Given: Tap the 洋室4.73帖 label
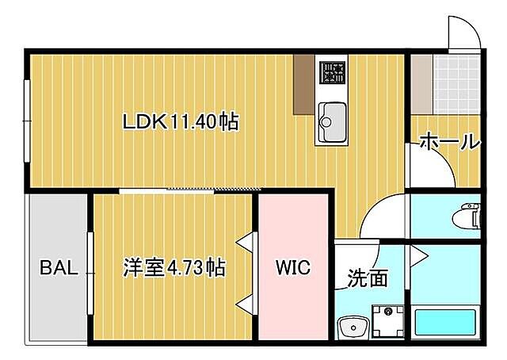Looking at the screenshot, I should [x=173, y=267].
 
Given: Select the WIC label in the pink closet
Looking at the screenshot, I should [x=292, y=267].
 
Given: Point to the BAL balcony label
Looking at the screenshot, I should [x=59, y=267].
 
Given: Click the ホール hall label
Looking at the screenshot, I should [x=448, y=143].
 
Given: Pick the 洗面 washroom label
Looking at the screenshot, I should [x=368, y=278].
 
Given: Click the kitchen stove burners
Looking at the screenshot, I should [x=332, y=73].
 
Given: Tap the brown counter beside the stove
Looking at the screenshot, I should [x=303, y=84].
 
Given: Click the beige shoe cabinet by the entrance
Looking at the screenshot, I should [x=421, y=82].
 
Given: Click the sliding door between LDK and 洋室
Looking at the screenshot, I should [x=190, y=190].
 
